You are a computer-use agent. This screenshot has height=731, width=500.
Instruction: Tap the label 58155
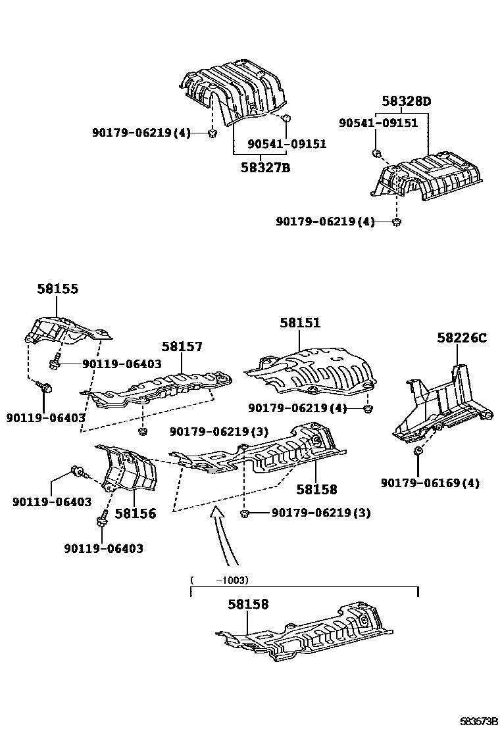[57, 289]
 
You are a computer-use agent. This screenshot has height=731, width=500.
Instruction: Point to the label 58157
[182, 347]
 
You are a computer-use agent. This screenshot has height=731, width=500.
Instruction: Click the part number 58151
[299, 323]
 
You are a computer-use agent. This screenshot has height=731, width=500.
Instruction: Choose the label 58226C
[461, 338]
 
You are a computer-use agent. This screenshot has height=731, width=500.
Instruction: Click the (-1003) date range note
[218, 580]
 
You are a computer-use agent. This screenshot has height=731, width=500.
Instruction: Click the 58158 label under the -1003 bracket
[248, 604]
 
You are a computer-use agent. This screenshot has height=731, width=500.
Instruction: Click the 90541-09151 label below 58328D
[378, 123]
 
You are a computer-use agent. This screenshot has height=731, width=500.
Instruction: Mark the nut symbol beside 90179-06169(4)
[418, 451]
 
